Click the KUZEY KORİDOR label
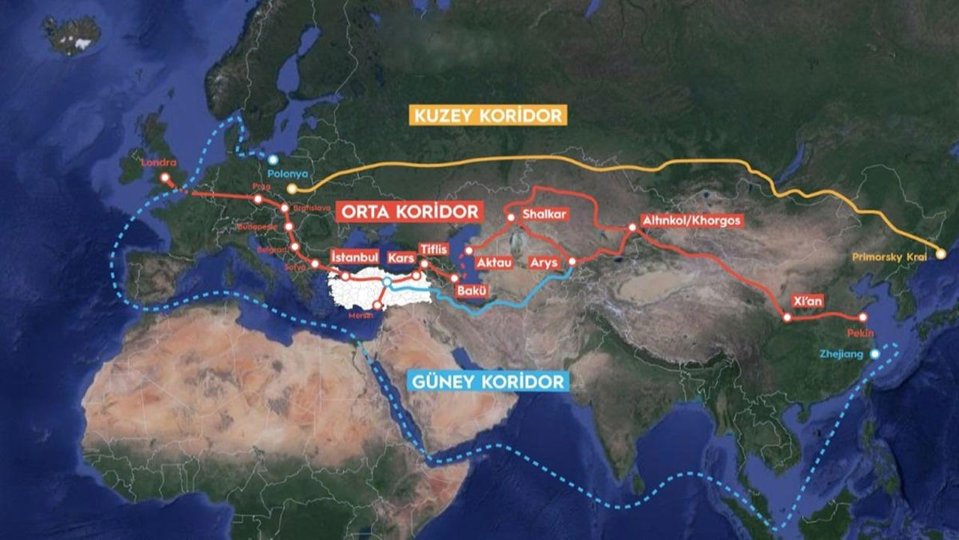coord(486,115)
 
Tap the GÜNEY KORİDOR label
coord(488,381)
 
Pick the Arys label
coord(544,262)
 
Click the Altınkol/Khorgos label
coord(690,220)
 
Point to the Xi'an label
coord(808,301)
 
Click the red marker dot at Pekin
coord(862,317)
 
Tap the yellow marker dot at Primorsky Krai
coord(940,254)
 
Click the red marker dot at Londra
coord(164,178)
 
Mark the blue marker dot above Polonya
coord(273,160)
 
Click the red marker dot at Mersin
coord(377,305)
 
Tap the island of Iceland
coord(71,34)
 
